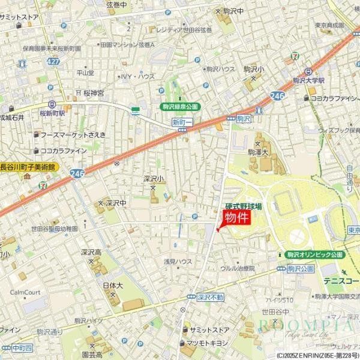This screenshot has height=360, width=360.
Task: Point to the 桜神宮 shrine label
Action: (93, 93)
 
